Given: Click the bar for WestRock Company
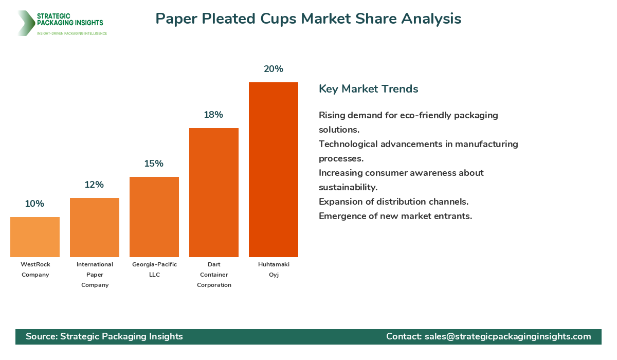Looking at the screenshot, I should tap(35, 237).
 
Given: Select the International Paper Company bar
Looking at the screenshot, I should tap(95, 227).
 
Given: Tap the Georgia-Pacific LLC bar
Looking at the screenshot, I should tap(154, 217).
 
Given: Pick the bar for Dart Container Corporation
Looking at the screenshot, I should tap(214, 192).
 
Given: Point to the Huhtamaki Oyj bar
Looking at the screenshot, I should tap(274, 170).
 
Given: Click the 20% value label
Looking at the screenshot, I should tap(274, 69).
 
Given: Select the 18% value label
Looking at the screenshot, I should tap(213, 115).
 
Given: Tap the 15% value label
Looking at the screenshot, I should tap(154, 164).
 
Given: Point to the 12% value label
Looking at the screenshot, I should tap(94, 185).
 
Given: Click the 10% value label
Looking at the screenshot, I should tap(34, 204).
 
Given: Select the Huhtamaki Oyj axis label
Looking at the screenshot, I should tap(274, 269).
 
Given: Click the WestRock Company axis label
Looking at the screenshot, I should tap(35, 269).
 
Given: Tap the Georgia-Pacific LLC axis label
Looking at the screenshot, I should tap(154, 269).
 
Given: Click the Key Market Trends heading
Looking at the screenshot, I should tap(368, 89).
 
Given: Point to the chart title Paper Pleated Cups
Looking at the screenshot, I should tap(308, 19).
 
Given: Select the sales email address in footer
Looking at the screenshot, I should tap(507, 336).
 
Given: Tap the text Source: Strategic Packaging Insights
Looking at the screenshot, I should tap(104, 336).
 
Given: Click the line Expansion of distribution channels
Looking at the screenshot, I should tap(393, 202).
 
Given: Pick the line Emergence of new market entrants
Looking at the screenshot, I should tap(395, 216).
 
